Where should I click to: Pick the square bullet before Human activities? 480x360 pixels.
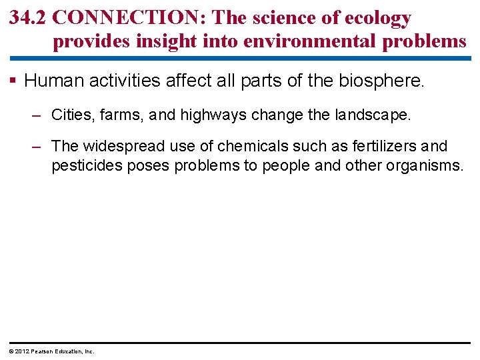14,81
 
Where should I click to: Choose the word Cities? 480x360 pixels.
69,115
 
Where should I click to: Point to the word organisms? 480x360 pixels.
424,165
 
